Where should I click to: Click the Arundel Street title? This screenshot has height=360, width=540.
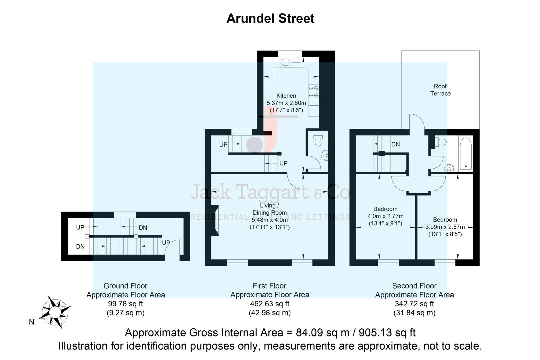(270, 18)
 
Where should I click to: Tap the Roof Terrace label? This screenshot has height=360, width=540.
(440, 90)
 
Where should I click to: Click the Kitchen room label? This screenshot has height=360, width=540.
(286, 96)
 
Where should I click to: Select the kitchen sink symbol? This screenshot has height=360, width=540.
(286, 62)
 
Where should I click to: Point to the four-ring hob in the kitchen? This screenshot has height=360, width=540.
(313, 92)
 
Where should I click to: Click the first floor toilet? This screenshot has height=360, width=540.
(318, 141)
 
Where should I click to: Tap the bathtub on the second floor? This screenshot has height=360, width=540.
(465, 153)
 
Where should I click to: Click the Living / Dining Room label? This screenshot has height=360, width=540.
(269, 209)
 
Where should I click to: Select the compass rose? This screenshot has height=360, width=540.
(55, 312)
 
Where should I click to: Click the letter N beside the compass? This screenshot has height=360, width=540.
(32, 322)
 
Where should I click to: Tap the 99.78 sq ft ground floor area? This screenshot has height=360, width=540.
(125, 304)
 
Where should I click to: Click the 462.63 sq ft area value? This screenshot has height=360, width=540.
(269, 304)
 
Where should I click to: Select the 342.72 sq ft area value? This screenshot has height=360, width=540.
(414, 304)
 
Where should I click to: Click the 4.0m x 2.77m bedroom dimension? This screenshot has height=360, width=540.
(385, 216)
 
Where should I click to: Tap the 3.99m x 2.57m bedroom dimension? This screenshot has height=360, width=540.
(445, 227)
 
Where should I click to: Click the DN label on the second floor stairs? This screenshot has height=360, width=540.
(395, 144)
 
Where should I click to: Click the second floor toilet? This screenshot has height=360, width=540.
(441, 142)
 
